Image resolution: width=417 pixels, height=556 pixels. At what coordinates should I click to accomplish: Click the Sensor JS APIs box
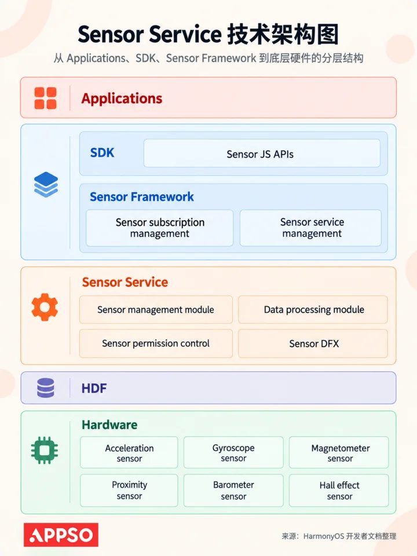coord(262,153)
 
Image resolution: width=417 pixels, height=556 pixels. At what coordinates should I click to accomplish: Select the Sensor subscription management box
coord(160,228)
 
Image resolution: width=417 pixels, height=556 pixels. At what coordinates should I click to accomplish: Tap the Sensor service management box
coord(310,228)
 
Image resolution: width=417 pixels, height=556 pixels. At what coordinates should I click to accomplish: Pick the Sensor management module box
coord(156,309)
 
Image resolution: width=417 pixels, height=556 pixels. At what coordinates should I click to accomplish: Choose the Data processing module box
coord(313,309)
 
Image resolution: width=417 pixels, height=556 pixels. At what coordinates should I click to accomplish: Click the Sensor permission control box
coord(156,343)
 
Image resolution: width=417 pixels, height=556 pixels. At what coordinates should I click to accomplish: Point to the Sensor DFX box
coord(313,343)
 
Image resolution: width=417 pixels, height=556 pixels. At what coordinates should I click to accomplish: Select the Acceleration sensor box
coord(129,452)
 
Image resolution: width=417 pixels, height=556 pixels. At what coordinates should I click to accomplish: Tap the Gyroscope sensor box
coord(233,452)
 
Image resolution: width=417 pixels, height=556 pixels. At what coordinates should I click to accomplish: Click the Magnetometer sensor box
coord(339,452)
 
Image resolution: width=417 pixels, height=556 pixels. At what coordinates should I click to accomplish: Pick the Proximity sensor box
coord(129,491)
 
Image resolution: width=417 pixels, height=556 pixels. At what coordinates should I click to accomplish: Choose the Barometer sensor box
coord(233,491)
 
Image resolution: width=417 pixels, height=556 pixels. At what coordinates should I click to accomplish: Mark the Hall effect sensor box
coord(339,491)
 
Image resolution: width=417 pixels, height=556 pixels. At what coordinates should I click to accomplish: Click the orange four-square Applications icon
coord(45,98)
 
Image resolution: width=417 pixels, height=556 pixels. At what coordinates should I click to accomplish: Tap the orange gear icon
coord(45,307)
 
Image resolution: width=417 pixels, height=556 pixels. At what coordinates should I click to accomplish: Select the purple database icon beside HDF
coord(46,387)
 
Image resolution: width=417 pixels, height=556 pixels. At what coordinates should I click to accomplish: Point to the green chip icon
coord(45,451)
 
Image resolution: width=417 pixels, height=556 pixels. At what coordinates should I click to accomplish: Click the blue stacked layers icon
coord(46,184)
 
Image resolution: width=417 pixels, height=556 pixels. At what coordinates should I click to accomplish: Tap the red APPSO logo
coord(61,535)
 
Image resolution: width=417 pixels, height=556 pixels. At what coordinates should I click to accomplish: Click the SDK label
coord(102,153)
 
